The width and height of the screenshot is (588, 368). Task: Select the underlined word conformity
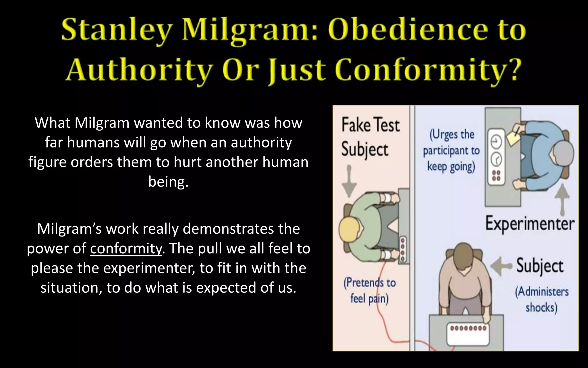tap(126, 248)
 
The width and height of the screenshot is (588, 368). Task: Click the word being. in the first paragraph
tap(168, 182)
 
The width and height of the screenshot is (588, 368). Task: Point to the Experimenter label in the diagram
tap(530, 224)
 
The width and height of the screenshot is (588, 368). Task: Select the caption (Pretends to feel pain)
tap(370, 291)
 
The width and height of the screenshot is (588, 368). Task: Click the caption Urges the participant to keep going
tap(451, 151)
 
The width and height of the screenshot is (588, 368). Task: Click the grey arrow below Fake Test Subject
tap(349, 181)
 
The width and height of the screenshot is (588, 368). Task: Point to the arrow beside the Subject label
tap(501, 266)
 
